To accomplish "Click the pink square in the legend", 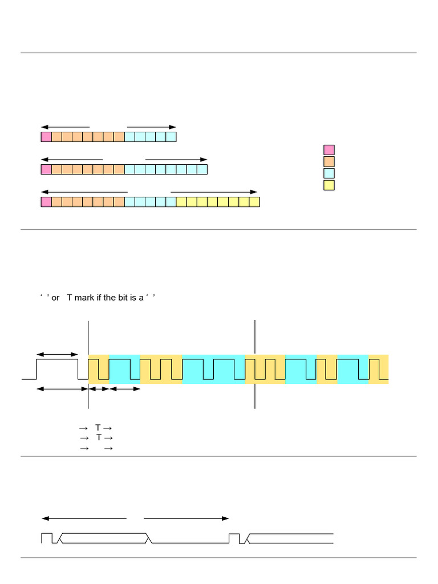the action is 329,150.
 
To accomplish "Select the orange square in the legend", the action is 329,161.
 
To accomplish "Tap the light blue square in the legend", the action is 329,173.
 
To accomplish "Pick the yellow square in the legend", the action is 329,185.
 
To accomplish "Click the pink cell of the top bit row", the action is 46,137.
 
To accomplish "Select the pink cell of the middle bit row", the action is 46,169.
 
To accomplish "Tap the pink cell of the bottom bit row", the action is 46,202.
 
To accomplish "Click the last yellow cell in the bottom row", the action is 254,202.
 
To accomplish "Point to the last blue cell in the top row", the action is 171,137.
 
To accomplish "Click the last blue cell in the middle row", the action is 202,169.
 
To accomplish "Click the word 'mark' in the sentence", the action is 84,298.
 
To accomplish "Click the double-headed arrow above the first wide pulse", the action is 57,355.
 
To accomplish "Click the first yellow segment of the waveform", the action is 99,368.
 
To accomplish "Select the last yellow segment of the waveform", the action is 378,368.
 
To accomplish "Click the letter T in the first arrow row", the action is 98,428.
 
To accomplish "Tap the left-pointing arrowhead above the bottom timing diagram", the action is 45,518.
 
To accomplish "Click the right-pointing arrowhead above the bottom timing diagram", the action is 226,518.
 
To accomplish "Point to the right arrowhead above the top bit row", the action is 173,127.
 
